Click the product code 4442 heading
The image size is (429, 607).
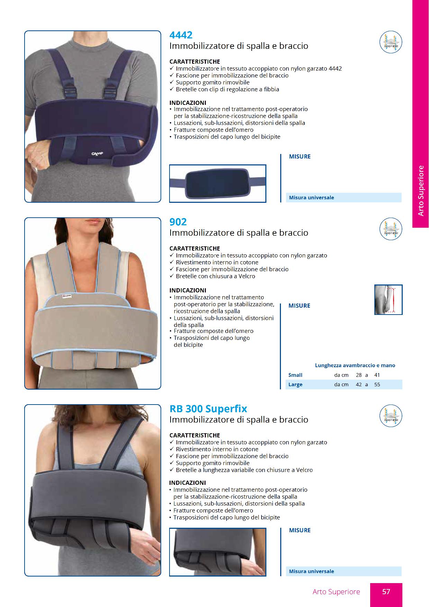[181, 35]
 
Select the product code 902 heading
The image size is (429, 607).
[178, 222]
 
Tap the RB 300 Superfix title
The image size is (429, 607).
[208, 409]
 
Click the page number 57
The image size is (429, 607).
[386, 592]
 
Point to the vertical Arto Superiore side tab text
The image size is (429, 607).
[421, 191]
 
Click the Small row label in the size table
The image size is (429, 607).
[295, 375]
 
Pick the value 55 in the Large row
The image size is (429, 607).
[377, 384]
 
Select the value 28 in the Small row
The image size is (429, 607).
[359, 375]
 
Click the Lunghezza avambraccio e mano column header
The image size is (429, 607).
[355, 365]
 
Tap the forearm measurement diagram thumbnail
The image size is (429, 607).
[389, 300]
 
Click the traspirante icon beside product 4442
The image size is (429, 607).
[391, 42]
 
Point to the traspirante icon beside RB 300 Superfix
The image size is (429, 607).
[391, 416]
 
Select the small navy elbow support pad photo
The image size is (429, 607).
[218, 183]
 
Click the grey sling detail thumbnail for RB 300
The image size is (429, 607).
[218, 552]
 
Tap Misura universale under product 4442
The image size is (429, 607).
[311, 198]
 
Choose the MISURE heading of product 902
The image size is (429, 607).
[300, 306]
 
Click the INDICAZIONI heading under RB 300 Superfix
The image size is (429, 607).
[188, 483]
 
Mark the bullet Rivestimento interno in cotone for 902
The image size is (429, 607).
[217, 262]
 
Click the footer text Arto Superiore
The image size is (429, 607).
[336, 592]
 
